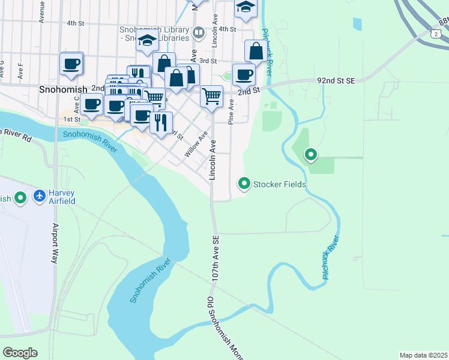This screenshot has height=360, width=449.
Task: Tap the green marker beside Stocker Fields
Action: [x=244, y=183]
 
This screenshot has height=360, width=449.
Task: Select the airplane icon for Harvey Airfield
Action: [x=40, y=196]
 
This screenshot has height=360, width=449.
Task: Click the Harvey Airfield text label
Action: [x=62, y=197]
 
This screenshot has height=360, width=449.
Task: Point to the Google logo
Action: [x=20, y=353]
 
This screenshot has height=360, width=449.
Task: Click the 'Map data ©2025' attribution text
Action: [x=423, y=355]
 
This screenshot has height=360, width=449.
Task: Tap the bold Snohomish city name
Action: [x=62, y=89]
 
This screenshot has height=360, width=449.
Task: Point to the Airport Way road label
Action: [x=55, y=244]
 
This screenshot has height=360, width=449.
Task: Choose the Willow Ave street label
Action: [x=196, y=145]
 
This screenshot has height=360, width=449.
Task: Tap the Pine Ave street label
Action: [x=231, y=113]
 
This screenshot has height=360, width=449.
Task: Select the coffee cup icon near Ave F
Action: [x=71, y=64]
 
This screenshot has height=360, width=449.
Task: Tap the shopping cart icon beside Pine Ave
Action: [x=211, y=95]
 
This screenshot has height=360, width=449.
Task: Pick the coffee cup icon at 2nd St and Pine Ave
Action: [x=244, y=74]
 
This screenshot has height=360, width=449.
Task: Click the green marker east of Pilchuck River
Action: [x=311, y=155]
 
